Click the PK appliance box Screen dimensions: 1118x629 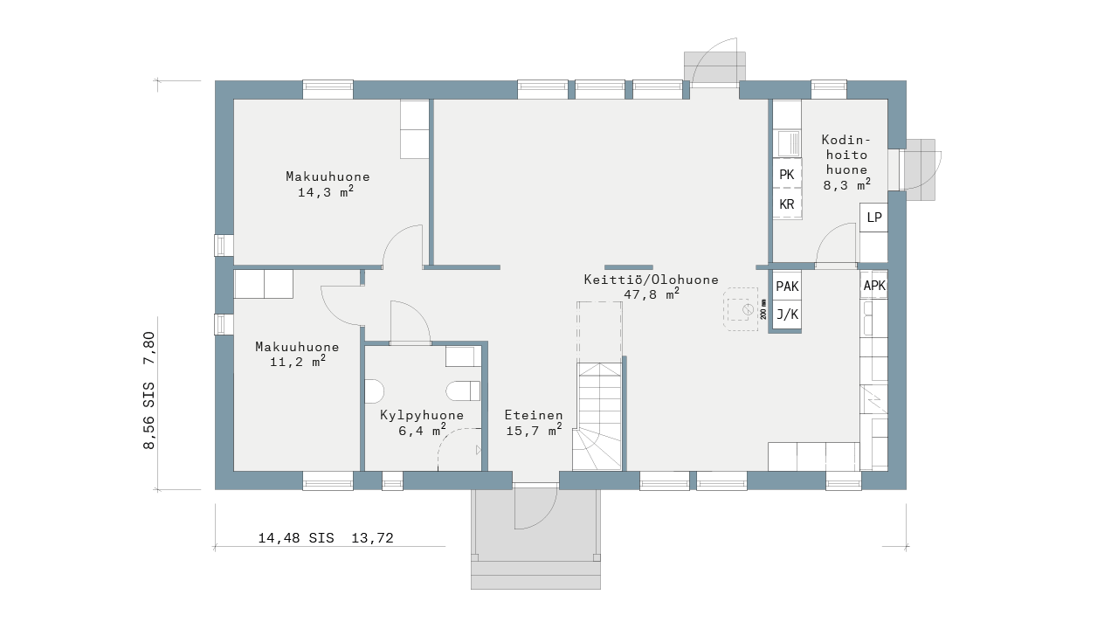click(x=787, y=174)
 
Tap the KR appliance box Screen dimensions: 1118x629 click(x=787, y=204)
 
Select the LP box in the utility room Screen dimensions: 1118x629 click(x=874, y=218)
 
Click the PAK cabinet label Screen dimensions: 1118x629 click(x=787, y=286)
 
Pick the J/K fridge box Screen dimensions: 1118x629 click(x=787, y=314)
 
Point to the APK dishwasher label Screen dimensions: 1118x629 click(x=874, y=286)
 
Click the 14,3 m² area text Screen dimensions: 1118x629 click(x=326, y=191)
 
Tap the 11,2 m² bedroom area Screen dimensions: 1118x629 click(x=298, y=361)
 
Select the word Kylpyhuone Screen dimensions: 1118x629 click(x=422, y=415)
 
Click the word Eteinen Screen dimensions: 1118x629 click(x=534, y=415)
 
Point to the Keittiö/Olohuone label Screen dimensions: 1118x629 click(x=652, y=280)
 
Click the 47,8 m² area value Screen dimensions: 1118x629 click(x=652, y=294)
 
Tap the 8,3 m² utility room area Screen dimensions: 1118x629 click(x=847, y=184)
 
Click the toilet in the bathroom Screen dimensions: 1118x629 click(x=463, y=391)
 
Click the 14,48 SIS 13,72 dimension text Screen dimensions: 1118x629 click(x=326, y=538)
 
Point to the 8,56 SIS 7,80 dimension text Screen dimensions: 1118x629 click(x=148, y=391)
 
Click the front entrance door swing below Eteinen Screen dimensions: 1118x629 click(x=535, y=507)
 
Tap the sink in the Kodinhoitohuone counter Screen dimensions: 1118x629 click(x=788, y=143)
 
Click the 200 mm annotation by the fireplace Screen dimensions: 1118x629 click(x=763, y=309)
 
